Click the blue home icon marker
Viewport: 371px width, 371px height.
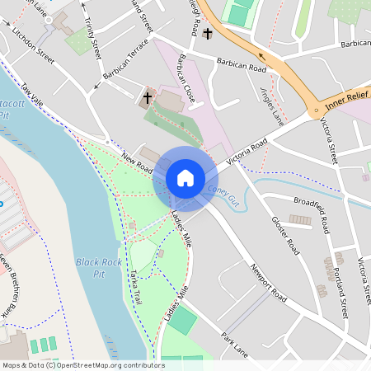(185, 177)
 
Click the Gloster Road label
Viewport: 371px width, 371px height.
(284, 234)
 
